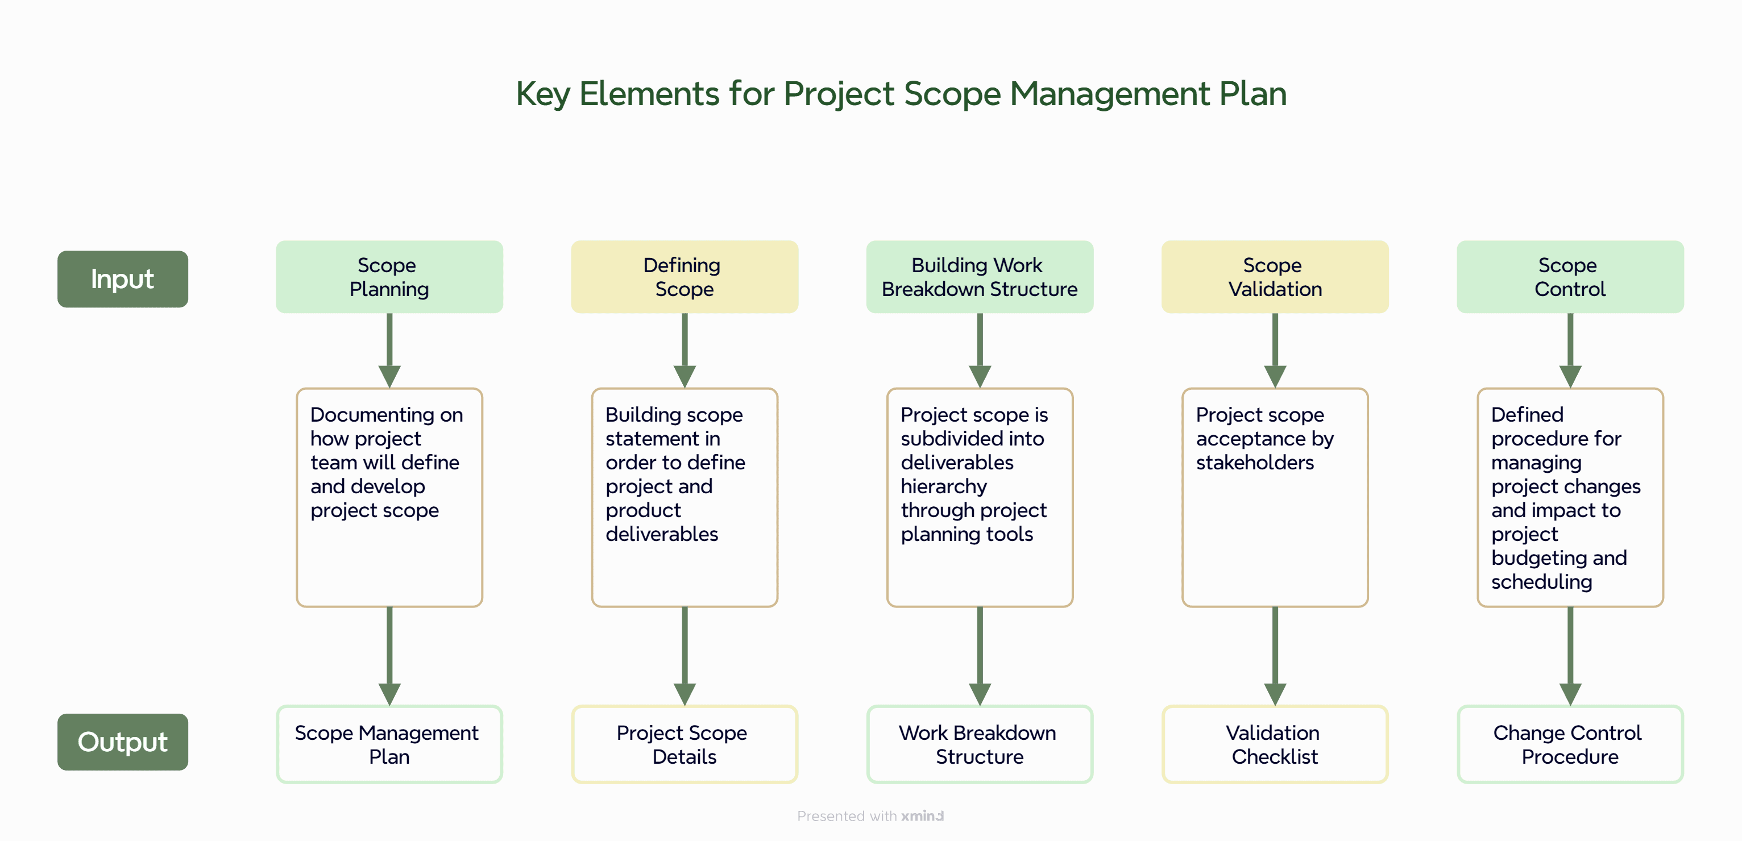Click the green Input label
coord(122,279)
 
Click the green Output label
coord(122,742)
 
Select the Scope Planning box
coord(389,277)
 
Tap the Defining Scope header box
coord(684,277)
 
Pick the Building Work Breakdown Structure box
coord(978,277)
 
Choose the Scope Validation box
coord(1274,277)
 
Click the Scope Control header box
coord(1570,277)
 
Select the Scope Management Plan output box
coord(389,744)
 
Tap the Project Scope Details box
coord(684,744)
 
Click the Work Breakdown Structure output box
coord(978,744)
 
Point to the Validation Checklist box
coord(1274,744)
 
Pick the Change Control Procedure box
coord(1570,744)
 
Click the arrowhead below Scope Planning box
coord(389,375)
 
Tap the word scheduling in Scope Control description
coord(1541,581)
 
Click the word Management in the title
coord(1109,93)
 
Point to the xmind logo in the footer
coord(922,816)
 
